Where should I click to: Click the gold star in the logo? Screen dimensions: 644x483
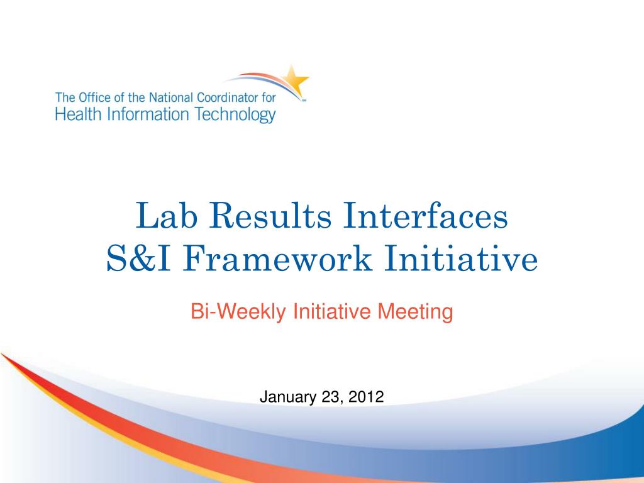click(x=296, y=80)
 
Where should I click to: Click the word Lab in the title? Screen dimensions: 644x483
click(x=166, y=215)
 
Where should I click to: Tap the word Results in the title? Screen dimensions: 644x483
click(x=270, y=215)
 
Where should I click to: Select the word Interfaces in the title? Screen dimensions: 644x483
click(x=426, y=215)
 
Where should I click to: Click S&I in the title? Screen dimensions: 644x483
click(x=138, y=258)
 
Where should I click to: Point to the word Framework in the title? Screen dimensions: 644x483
click(x=277, y=258)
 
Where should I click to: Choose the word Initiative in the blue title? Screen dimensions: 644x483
click(x=461, y=258)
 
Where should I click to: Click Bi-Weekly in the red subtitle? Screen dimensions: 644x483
click(x=238, y=311)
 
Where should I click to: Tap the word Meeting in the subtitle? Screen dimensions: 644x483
click(x=415, y=311)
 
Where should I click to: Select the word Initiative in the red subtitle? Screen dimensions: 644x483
click(x=331, y=311)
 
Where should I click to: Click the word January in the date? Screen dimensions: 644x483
click(x=288, y=397)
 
